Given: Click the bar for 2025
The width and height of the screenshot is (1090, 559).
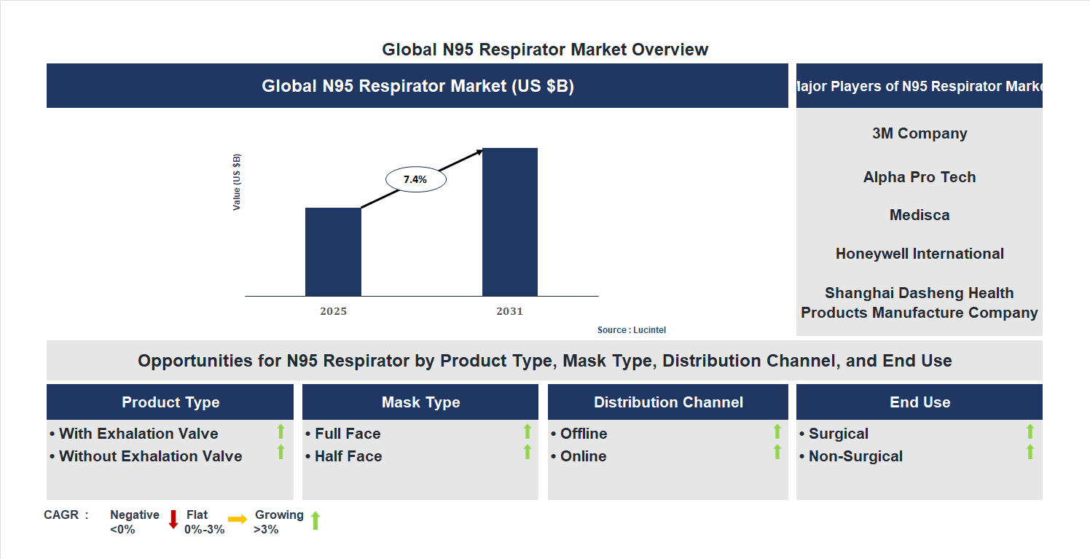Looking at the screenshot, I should coord(333,251).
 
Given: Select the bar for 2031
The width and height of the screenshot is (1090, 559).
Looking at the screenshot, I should coord(510,222).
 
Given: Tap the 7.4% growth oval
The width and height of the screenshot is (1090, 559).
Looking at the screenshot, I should coord(415,179).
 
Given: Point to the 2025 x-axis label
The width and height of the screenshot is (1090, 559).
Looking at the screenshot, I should coord(333,311).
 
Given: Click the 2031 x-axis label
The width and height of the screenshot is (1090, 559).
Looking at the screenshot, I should coord(510,311).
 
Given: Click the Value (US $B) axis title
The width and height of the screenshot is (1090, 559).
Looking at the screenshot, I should coord(237,182).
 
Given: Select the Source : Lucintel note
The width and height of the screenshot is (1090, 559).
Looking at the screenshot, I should coord(632,330).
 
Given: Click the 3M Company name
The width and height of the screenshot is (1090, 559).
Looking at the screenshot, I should coord(920,133).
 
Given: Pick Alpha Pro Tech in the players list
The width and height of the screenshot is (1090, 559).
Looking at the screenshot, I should coord(920,177).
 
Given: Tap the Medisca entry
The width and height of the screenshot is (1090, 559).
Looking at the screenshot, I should coord(920,215).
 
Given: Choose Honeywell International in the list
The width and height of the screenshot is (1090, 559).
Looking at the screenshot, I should coord(920,254).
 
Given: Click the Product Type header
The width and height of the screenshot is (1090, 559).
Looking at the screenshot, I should coord(170,402).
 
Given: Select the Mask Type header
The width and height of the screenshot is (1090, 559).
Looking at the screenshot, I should coord(420,402).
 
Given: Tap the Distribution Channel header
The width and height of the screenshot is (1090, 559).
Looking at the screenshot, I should coord(668,402).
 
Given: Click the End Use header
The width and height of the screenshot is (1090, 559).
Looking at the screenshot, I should coord(920,402).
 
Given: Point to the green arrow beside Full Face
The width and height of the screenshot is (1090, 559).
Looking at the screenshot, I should coord(528,431).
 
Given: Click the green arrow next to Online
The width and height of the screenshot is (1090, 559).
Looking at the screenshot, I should coord(777,453).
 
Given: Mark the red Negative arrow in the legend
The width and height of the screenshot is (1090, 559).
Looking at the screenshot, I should coord(173,520).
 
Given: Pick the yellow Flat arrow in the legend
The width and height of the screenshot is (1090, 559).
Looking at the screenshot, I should coord(238,520).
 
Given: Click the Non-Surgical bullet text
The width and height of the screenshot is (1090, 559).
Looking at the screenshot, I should coord(855,456).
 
